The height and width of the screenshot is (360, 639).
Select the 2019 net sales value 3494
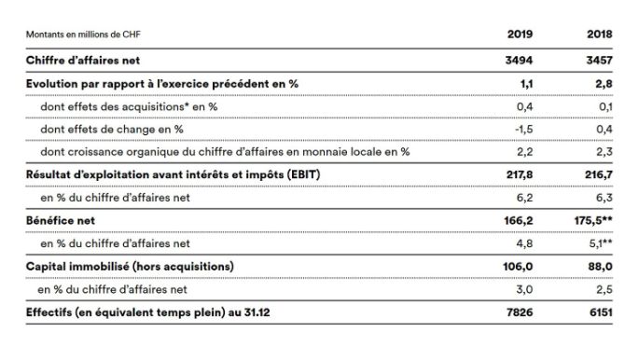[x=519, y=60]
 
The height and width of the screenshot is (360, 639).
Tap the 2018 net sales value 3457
[x=598, y=60]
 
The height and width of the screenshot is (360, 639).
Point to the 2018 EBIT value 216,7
[x=597, y=174]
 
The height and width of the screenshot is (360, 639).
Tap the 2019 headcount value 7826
[x=519, y=312]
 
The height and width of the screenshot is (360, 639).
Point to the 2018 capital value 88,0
[x=600, y=267]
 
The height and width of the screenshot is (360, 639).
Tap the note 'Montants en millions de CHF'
[x=90, y=35]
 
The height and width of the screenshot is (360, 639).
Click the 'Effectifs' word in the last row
[x=52, y=312]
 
